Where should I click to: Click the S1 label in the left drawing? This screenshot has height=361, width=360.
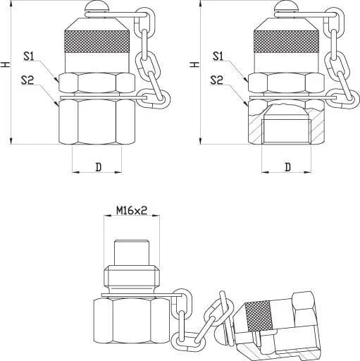pyautogui.click(x=29, y=56)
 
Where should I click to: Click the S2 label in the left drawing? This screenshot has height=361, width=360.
pyautogui.click(x=27, y=80)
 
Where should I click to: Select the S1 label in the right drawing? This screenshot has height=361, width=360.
pyautogui.click(x=218, y=56)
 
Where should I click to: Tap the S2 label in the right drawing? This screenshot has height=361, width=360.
pyautogui.click(x=216, y=80)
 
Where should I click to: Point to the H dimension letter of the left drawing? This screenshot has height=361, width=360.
pyautogui.click(x=5, y=64)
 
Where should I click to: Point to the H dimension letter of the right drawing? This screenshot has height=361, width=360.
pyautogui.click(x=194, y=64)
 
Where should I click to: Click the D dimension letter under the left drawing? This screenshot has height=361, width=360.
pyautogui.click(x=99, y=167)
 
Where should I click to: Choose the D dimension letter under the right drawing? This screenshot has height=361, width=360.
pyautogui.click(x=287, y=167)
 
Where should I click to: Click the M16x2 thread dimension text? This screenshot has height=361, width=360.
pyautogui.click(x=132, y=210)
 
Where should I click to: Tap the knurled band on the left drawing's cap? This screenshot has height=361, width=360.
pyautogui.click(x=97, y=42)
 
